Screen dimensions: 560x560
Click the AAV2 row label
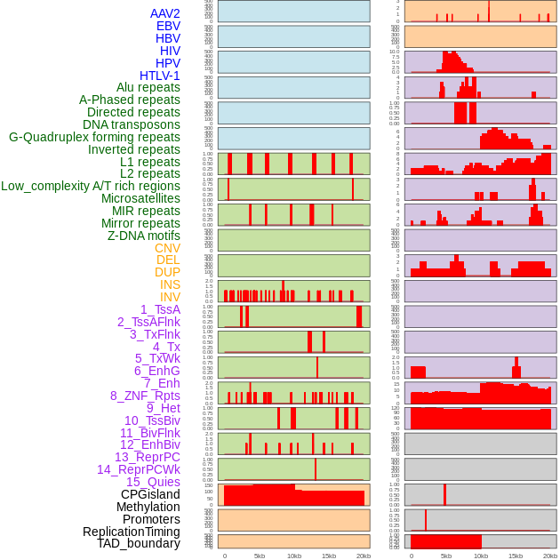(165, 13)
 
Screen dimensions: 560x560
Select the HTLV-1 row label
(160, 76)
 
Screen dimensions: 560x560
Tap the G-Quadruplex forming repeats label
(94, 137)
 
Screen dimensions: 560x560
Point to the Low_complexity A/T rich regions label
(91, 186)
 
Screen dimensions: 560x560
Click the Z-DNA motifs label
(144, 236)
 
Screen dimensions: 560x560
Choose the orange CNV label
(167, 248)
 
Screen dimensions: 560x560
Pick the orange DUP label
(167, 272)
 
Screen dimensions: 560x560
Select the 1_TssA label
(160, 309)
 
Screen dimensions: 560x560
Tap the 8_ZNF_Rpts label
(145, 396)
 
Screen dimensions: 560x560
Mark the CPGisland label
(150, 494)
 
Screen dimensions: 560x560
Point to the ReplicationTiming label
(131, 532)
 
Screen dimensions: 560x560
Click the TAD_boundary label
(139, 543)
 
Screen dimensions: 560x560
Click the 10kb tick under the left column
(294, 556)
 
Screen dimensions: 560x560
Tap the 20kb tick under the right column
(550, 556)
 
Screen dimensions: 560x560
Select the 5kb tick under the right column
(446, 556)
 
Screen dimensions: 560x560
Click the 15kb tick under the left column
(329, 556)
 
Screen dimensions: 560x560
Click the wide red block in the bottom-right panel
(445, 540)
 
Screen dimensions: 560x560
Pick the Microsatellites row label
(140, 198)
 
